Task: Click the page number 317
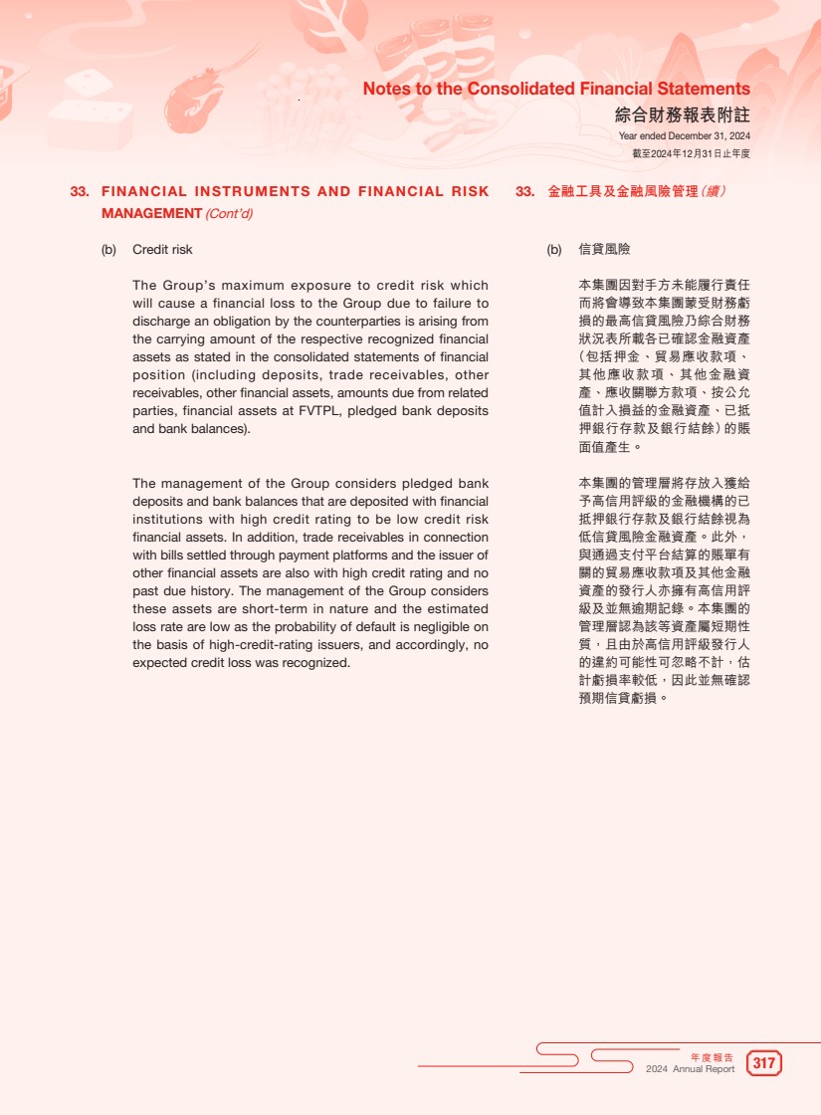763,1063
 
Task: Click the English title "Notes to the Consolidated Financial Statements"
556,89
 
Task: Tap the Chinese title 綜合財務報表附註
682,114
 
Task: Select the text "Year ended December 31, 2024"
684,136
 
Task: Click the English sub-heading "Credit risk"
162,249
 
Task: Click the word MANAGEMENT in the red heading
151,213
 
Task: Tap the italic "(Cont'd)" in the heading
229,213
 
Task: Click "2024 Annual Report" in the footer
690,1069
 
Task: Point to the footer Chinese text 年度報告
712,1056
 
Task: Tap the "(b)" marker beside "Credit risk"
108,249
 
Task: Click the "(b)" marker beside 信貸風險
554,249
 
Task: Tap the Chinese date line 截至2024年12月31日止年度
691,153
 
